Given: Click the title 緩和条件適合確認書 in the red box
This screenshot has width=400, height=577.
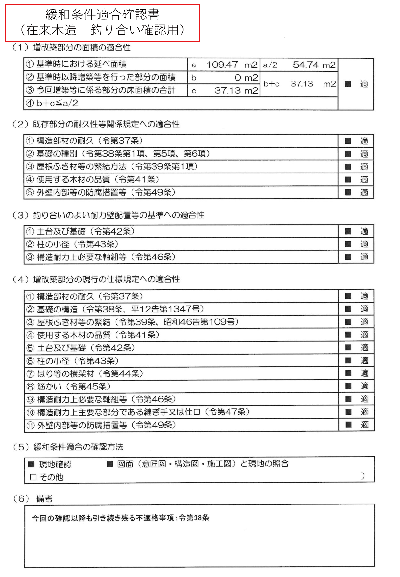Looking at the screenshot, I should coord(102,15).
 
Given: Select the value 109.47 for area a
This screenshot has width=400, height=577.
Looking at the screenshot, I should coord(222,65).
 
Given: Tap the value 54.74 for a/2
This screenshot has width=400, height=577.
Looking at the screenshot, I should coord(306,65).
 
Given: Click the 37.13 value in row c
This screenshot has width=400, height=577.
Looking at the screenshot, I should coord(228,91).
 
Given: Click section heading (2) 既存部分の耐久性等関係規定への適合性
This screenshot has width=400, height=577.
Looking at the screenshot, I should coord(96,124).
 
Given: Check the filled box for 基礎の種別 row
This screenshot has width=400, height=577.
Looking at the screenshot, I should coord(348,154).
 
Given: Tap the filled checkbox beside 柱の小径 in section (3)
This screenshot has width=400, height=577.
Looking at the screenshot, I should coord(348,244).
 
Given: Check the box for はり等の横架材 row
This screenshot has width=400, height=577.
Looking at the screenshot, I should coord(348,373).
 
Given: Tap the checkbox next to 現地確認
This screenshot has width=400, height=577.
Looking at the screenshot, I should coord(31,464).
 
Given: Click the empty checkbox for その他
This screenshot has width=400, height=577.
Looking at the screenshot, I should coord(33,477).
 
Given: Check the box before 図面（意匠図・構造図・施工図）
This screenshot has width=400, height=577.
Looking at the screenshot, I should coord(110,464).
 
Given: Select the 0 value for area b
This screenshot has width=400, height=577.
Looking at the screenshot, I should coord(238,78).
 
